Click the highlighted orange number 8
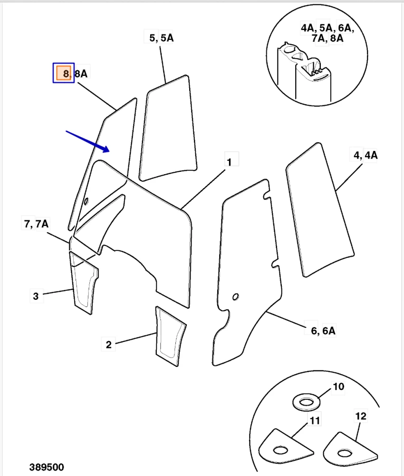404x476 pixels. click(63, 73)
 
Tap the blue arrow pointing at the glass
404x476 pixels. click(88, 141)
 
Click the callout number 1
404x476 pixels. click(229, 162)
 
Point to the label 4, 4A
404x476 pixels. click(366, 156)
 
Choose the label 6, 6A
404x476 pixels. click(323, 330)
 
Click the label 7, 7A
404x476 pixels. click(36, 223)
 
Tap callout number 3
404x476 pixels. click(36, 296)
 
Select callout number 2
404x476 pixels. click(108, 344)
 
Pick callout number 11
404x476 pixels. click(315, 420)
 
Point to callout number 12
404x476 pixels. click(361, 416)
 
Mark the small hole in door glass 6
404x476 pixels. click(236, 297)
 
